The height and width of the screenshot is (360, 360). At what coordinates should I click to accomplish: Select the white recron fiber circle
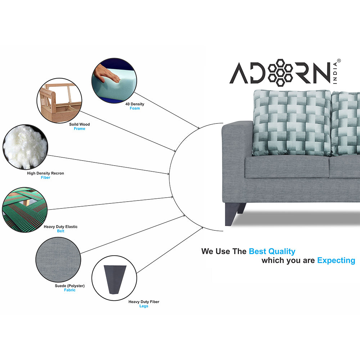pos(24,147)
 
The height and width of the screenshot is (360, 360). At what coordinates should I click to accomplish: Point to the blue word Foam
pos(135,108)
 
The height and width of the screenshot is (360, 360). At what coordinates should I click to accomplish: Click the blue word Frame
pos(80,129)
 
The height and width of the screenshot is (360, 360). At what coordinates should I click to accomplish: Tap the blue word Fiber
pos(45,177)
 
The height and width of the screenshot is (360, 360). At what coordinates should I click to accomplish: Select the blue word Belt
pos(60,231)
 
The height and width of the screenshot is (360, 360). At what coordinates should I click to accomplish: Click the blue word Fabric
pos(69,290)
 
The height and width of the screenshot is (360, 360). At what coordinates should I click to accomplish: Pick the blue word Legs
pos(144,306)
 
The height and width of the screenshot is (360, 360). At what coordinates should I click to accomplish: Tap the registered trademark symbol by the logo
pos(338,61)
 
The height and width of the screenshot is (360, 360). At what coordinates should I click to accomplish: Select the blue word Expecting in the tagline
pos(336,260)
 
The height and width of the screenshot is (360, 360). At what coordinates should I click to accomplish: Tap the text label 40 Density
pos(135,104)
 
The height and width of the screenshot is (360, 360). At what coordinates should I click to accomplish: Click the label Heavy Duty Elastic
pos(60,227)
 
